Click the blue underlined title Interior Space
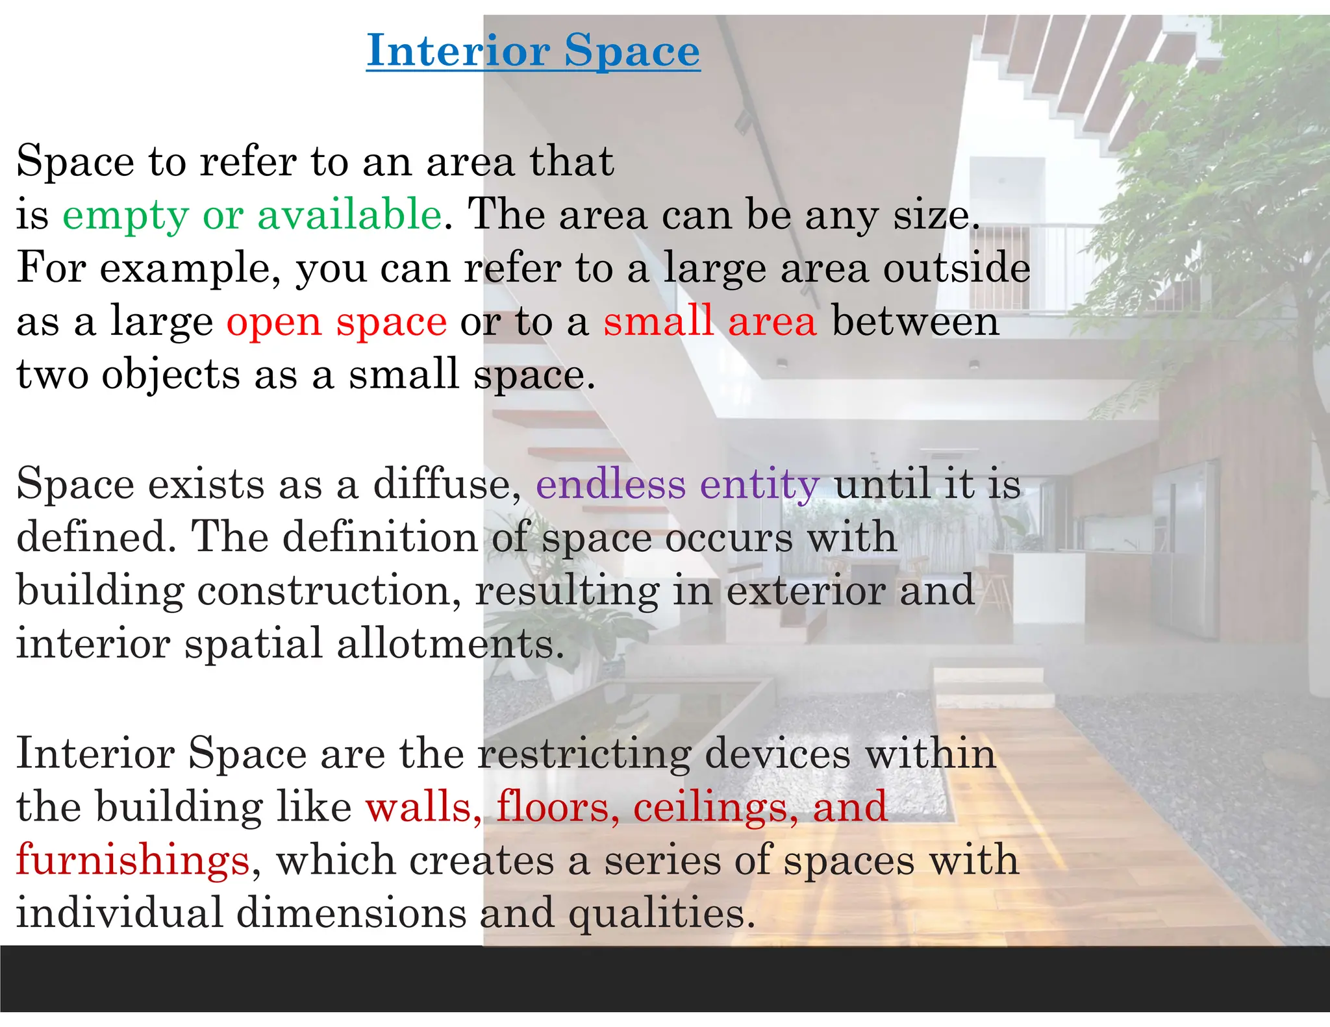(533, 51)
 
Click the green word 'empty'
(125, 216)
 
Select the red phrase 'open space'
(336, 321)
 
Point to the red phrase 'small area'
(710, 321)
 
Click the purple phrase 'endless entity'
(677, 485)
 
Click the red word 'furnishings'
(133, 861)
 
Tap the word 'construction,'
(329, 591)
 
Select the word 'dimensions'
(351, 913)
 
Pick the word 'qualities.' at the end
(662, 914)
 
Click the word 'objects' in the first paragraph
(171, 375)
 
